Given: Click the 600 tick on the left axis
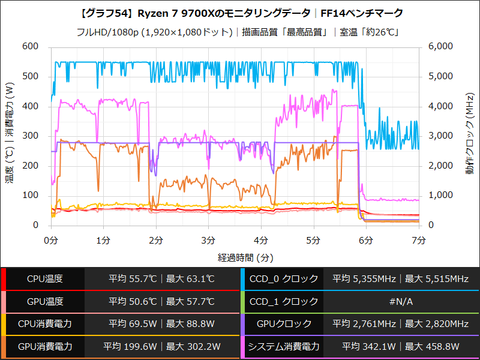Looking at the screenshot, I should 30,47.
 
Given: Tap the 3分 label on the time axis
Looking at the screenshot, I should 208,240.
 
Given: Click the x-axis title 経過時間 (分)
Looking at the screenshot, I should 239,257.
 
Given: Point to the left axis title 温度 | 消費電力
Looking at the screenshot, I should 10,134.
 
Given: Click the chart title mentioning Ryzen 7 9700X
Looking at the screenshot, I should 239,13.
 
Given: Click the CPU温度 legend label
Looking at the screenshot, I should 45,279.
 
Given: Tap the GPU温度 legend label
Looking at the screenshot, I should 45,302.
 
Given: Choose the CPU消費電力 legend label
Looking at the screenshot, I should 45,324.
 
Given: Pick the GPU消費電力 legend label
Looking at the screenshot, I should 45,347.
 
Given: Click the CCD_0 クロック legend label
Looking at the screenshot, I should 284,279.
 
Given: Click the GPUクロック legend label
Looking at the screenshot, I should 284,324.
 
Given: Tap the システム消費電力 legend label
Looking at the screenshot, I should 284,347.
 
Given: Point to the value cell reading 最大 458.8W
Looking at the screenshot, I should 434,347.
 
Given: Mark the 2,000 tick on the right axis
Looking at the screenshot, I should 442,166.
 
